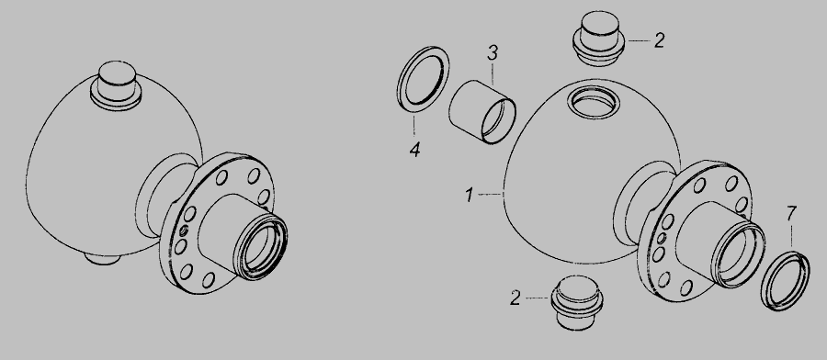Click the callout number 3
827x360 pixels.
[x=493, y=52]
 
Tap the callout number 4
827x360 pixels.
[x=415, y=151]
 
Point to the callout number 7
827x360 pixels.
[x=791, y=213]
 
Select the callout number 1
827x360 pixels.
[x=469, y=195]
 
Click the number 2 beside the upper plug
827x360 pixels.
[x=659, y=40]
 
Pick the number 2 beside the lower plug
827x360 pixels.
[x=515, y=298]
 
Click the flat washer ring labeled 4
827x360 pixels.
[x=423, y=79]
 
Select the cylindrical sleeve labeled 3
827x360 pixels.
[x=482, y=112]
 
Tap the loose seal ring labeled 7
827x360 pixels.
[x=786, y=281]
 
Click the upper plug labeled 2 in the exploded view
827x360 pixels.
[x=599, y=38]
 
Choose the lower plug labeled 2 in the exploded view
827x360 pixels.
[x=577, y=302]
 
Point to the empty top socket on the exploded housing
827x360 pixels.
[x=594, y=101]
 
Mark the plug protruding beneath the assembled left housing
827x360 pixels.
[x=102, y=259]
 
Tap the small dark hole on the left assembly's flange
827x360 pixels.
[x=184, y=231]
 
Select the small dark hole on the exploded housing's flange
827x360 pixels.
[x=662, y=238]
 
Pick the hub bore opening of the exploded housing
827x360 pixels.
[x=739, y=254]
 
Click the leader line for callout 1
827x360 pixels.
[x=491, y=195]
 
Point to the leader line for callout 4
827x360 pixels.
[x=414, y=126]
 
